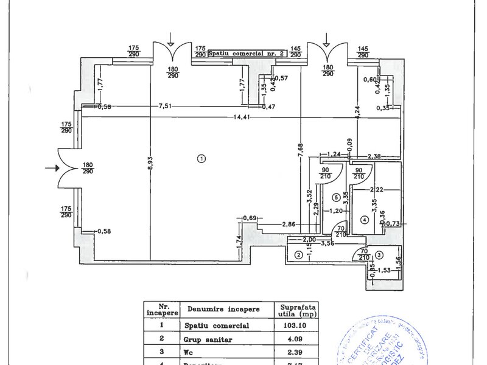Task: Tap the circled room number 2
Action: coord(298,255)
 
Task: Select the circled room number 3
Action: coord(379,255)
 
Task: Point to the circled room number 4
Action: coord(364,219)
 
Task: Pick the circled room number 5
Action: coord(335,197)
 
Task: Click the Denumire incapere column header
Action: coord(223,309)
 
